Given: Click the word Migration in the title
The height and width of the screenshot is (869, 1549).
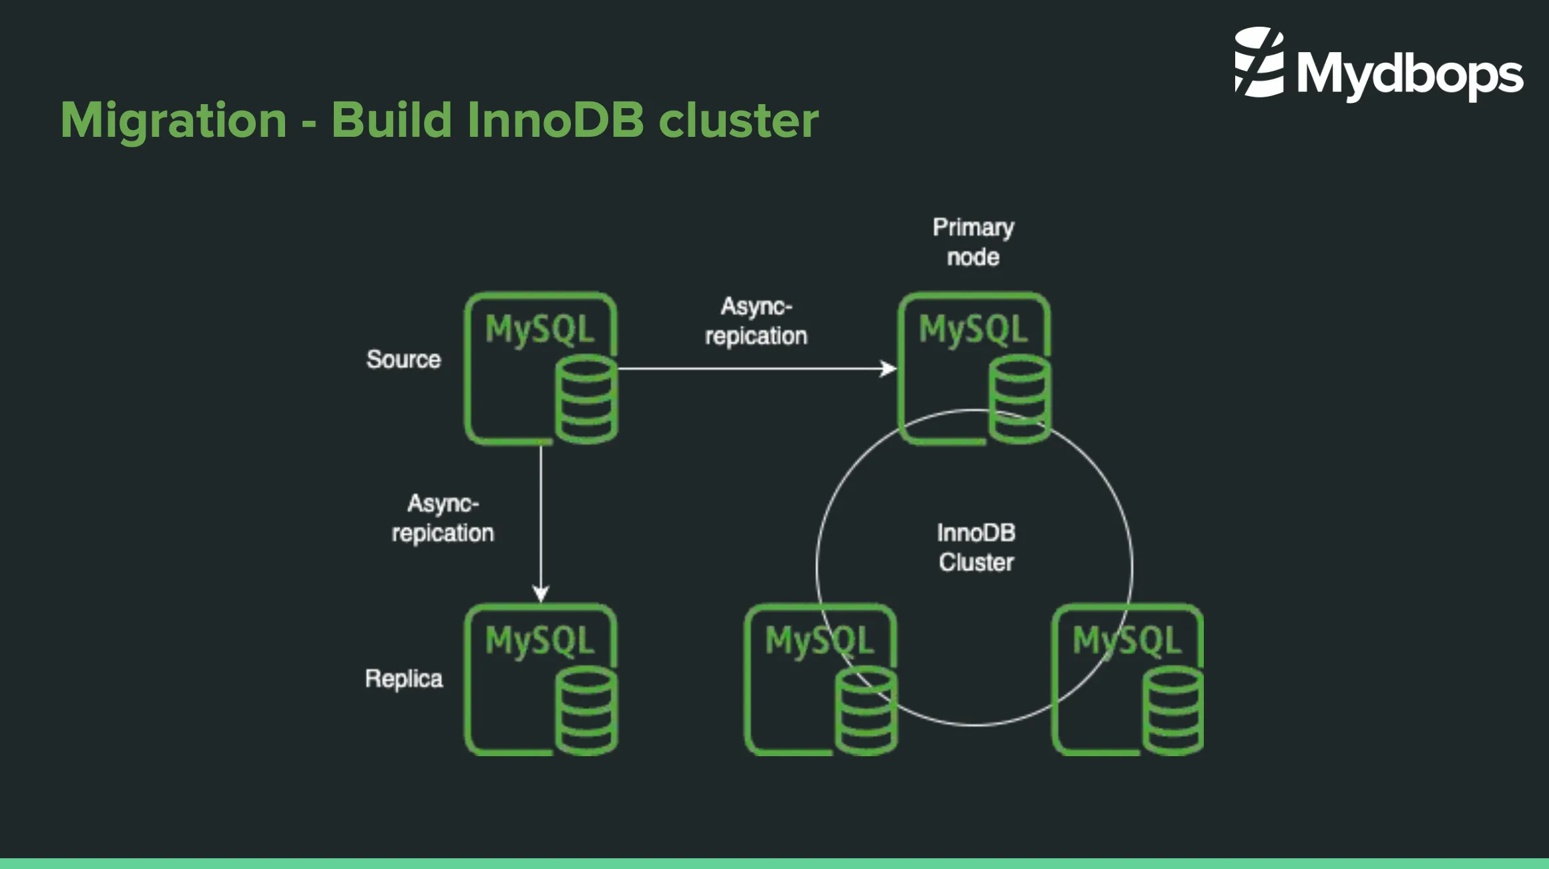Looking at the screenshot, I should tap(174, 120).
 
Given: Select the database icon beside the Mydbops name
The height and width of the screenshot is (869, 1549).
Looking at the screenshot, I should tap(1259, 62).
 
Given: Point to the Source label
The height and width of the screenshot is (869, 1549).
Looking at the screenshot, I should tap(403, 360).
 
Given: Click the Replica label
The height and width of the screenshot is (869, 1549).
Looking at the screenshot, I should tap(403, 679).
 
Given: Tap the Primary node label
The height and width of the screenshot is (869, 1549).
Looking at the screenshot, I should tap(973, 242).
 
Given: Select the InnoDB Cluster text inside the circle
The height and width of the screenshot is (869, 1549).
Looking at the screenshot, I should tap(975, 547).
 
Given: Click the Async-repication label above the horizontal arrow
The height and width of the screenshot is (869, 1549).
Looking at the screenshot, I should tap(756, 321).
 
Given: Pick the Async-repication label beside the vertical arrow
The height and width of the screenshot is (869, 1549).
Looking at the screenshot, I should tap(442, 518).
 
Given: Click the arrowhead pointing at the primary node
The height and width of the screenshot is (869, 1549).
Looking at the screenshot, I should tap(889, 368).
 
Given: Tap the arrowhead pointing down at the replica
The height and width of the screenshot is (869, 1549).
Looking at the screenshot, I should tap(541, 593).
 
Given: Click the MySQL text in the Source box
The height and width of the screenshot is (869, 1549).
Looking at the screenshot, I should tap(539, 330).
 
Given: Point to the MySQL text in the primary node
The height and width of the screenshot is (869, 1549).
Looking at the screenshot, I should tap(973, 330).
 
